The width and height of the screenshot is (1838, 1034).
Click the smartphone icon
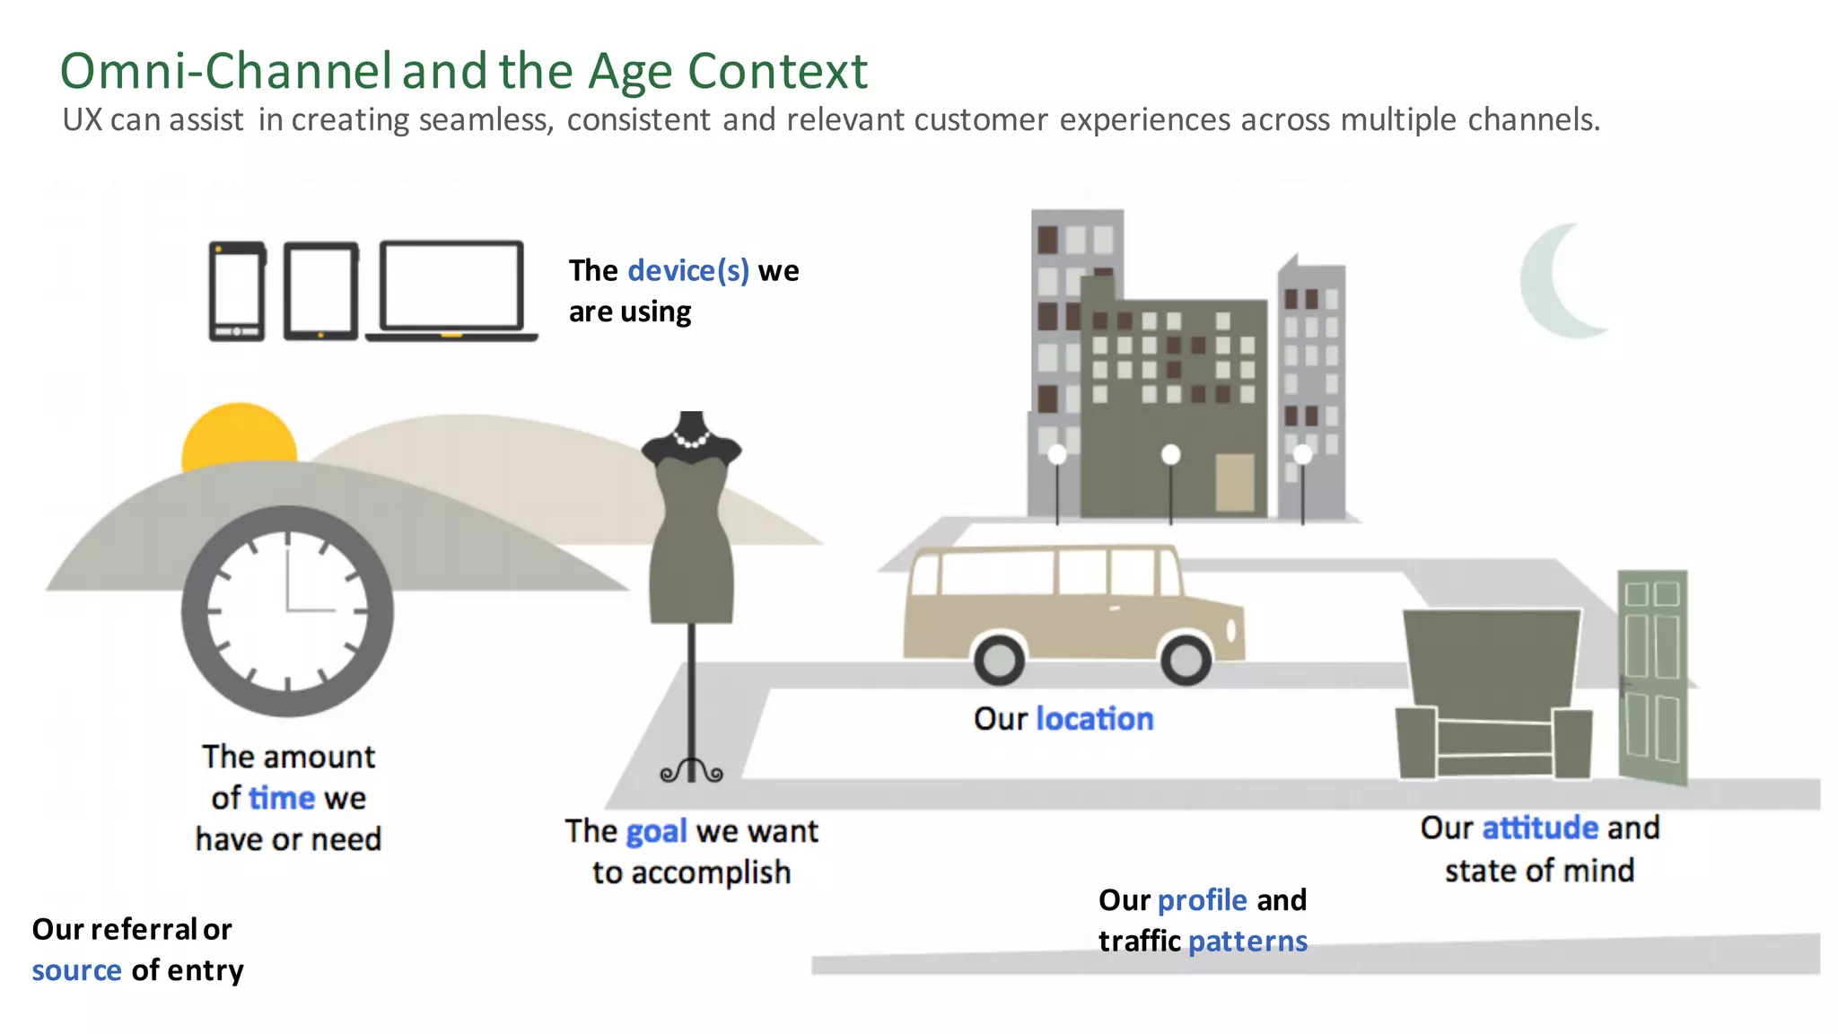[237, 291]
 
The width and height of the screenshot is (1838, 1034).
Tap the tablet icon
[320, 291]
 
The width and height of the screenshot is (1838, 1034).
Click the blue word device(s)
[687, 270]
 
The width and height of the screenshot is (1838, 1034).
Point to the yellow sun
[239, 435]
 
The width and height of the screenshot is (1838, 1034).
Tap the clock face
[287, 610]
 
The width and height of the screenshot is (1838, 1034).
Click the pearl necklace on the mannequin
[691, 440]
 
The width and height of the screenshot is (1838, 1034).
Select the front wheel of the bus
[1186, 660]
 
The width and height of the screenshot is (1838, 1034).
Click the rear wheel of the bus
[999, 661]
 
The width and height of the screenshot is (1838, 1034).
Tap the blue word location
[1094, 719]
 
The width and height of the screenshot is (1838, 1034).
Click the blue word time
[282, 798]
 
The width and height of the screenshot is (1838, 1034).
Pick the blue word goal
[656, 832]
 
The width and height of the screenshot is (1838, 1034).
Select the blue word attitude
[1539, 828]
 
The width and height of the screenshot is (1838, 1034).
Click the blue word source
[76, 970]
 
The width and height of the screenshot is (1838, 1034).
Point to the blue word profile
[1202, 900]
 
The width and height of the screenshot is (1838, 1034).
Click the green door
[1652, 678]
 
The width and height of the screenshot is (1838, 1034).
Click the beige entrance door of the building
[1235, 482]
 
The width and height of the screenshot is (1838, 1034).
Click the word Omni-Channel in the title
[225, 71]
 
